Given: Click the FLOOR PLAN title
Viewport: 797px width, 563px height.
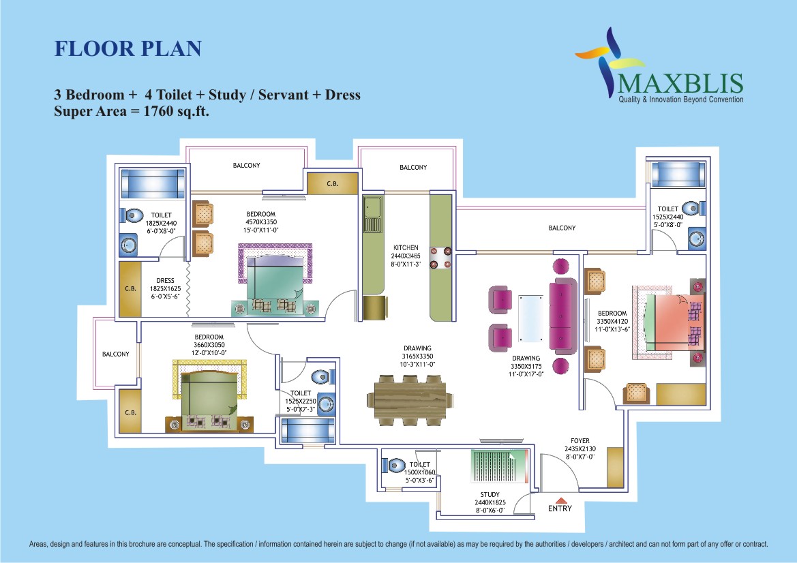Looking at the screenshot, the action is pyautogui.click(x=128, y=49).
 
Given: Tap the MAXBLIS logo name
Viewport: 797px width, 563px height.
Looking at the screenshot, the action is pyautogui.click(x=681, y=83).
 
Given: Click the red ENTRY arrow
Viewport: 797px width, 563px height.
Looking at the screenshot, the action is pyautogui.click(x=560, y=500).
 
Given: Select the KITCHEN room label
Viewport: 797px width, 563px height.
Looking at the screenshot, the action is pyautogui.click(x=406, y=247).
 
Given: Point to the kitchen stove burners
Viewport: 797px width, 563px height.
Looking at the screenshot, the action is pyautogui.click(x=440, y=257).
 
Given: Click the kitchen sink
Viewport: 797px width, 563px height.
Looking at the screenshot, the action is pyautogui.click(x=372, y=213).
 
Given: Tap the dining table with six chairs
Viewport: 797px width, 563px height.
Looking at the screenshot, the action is pyautogui.click(x=410, y=400).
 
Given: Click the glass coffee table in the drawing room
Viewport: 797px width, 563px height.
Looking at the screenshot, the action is pyautogui.click(x=530, y=318).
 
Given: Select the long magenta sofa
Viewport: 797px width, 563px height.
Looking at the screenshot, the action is pyautogui.click(x=562, y=316).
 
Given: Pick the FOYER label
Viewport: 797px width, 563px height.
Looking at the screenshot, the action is pyautogui.click(x=580, y=441).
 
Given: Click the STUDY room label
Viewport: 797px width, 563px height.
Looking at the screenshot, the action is pyautogui.click(x=490, y=494).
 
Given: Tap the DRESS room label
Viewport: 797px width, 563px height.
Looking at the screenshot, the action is pyautogui.click(x=165, y=281).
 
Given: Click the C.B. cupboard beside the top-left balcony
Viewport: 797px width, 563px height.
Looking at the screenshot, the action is pyautogui.click(x=333, y=183).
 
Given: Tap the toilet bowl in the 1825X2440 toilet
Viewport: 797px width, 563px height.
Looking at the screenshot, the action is pyautogui.click(x=131, y=215).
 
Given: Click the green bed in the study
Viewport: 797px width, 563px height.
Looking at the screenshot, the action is pyautogui.click(x=499, y=466).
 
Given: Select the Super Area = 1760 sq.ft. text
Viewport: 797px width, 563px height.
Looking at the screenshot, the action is pyautogui.click(x=132, y=111).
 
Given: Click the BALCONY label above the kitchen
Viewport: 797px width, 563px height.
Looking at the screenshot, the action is pyautogui.click(x=413, y=167).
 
